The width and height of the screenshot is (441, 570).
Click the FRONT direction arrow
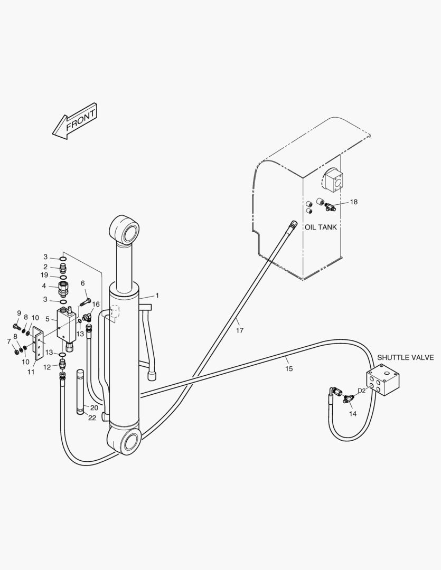[74, 121]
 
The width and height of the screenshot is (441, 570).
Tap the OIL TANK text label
[321, 227]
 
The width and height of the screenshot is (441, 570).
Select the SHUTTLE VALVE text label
[406, 358]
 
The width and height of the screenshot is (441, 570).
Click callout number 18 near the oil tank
[354, 202]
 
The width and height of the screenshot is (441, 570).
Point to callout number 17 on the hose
[240, 331]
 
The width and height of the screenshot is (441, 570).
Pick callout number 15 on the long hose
[288, 368]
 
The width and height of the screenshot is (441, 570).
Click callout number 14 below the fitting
[353, 414]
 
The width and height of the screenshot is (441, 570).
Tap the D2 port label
[361, 391]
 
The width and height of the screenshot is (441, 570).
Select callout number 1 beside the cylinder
[157, 296]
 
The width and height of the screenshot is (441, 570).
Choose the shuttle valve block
[383, 381]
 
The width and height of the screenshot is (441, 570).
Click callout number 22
[92, 418]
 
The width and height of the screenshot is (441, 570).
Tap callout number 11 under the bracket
[31, 372]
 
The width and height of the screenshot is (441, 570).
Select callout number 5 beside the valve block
[48, 319]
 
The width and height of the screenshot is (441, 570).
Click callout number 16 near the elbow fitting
[96, 305]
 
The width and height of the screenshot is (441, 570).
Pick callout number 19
[45, 275]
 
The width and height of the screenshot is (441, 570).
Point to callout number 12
[46, 367]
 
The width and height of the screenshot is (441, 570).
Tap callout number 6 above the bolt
[83, 283]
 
